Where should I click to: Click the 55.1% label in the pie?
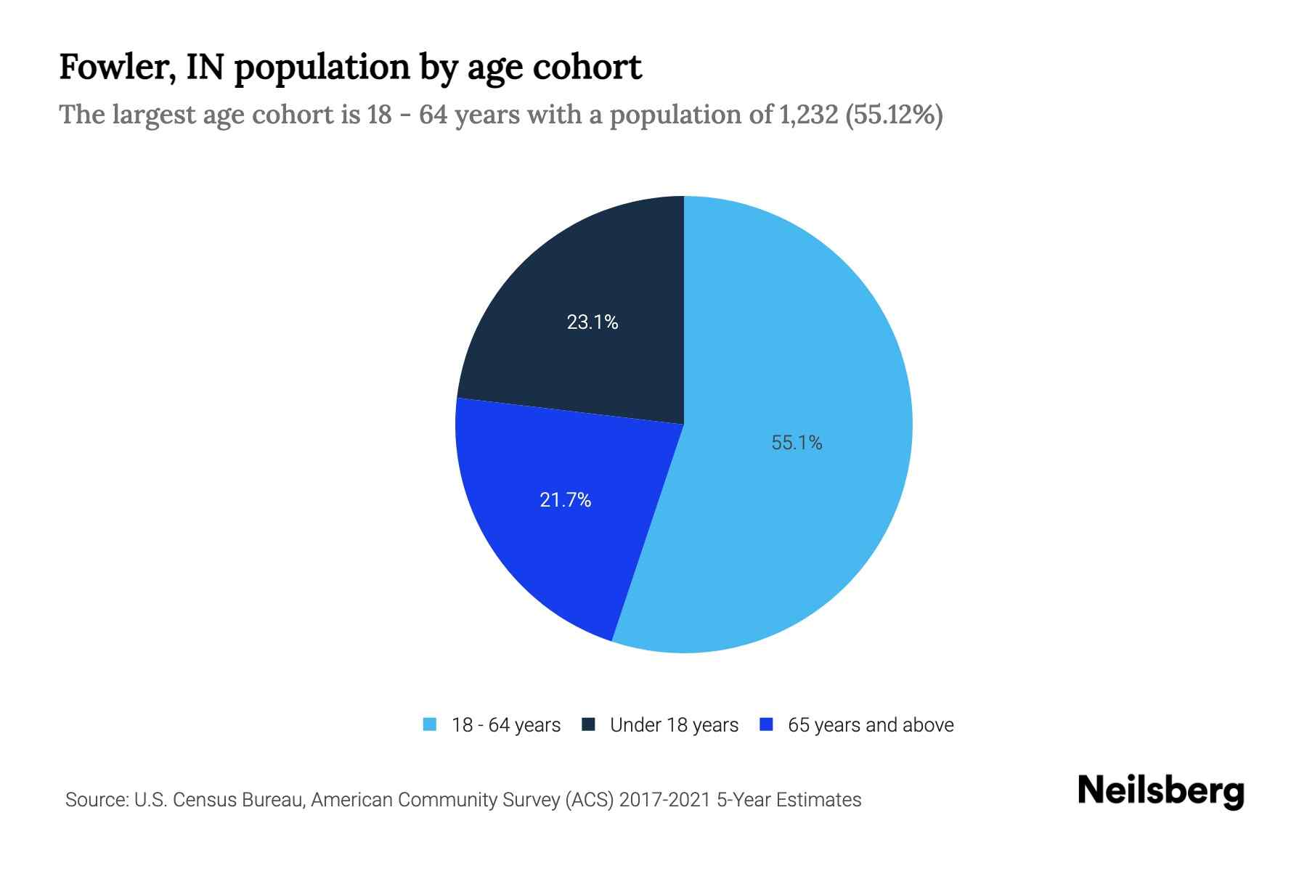797,443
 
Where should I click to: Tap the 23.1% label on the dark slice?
593,322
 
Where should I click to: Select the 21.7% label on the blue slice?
566,500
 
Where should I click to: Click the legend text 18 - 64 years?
506,725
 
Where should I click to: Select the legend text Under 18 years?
674,725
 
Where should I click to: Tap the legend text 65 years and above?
871,725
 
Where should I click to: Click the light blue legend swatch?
430,724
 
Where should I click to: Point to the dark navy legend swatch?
588,724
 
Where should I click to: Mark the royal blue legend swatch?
765,724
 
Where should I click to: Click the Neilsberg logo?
1161,791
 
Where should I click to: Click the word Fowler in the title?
115,68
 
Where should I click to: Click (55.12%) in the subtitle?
894,115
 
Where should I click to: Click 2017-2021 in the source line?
665,800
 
